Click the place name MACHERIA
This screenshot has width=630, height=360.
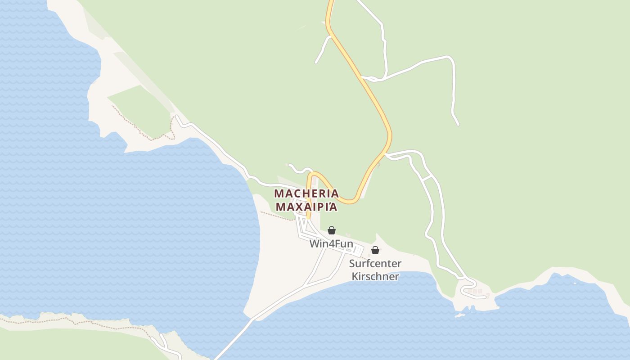tap(306, 193)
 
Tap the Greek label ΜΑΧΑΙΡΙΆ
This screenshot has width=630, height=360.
tap(306, 207)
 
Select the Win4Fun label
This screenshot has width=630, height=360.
tap(331, 244)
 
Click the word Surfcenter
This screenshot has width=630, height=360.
tap(375, 264)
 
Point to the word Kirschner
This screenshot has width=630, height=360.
tap(375, 276)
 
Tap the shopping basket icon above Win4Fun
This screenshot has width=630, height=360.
tap(332, 230)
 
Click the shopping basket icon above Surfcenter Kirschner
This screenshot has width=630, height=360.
tap(375, 250)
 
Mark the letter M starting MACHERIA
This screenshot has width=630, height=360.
tap(279, 193)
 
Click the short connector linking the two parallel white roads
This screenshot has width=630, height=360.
tap(427, 179)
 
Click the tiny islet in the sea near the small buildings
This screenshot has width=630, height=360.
tap(459, 315)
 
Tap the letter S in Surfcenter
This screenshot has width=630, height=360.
tap(352, 264)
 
